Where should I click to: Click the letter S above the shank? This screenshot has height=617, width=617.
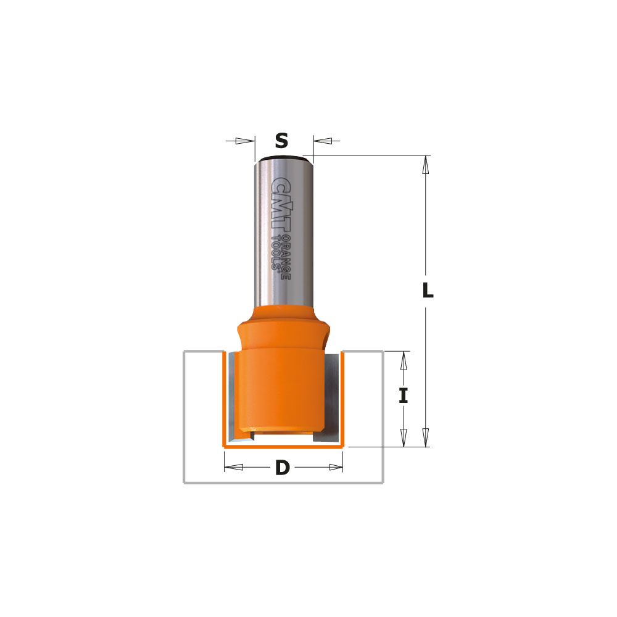pyautogui.click(x=281, y=141)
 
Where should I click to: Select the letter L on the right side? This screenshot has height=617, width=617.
pyautogui.click(x=427, y=291)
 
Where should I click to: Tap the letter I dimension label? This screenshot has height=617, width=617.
pyautogui.click(x=403, y=395)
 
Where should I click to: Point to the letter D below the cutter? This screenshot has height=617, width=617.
pyautogui.click(x=282, y=468)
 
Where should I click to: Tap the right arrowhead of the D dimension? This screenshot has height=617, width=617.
pyautogui.click(x=334, y=467)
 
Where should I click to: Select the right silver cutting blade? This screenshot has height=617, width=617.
pyautogui.click(x=332, y=395)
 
